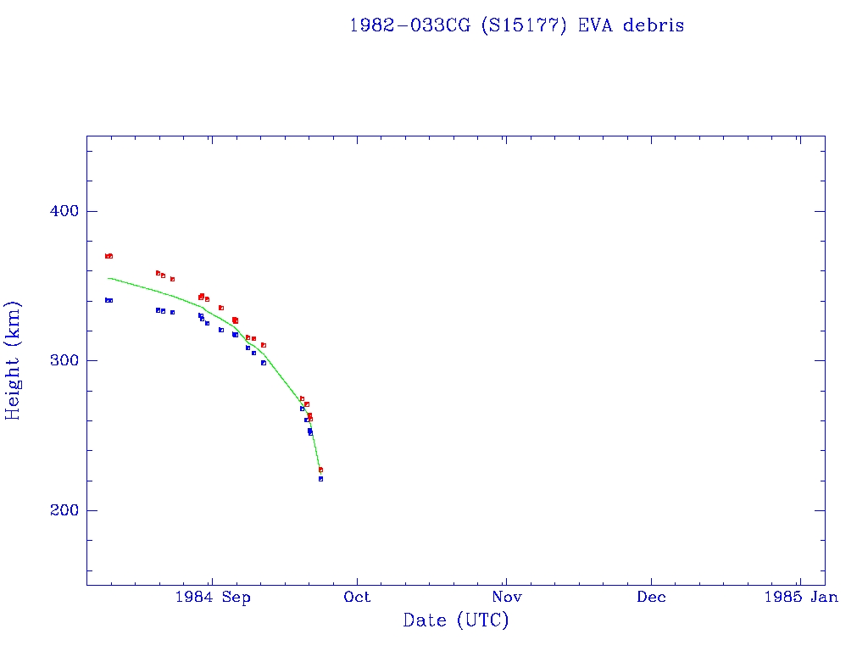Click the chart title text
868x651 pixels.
point(516,25)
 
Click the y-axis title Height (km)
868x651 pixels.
point(14,360)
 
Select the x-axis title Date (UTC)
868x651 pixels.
point(455,620)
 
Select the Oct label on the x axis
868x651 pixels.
point(358,598)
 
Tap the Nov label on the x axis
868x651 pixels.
point(505,598)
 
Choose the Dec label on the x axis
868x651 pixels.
point(652,598)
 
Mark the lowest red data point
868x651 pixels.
point(320,470)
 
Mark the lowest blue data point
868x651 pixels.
point(320,479)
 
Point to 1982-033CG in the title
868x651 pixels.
point(411,25)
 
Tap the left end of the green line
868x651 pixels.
point(108,278)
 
